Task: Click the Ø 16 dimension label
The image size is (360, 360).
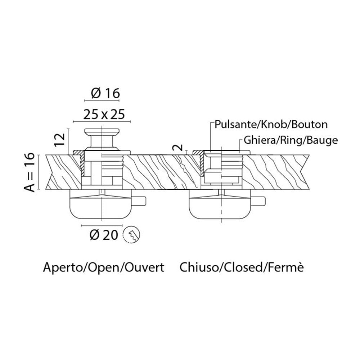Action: click(105, 93)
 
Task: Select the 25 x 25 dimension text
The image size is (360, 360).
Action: click(104, 114)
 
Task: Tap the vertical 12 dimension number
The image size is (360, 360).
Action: click(60, 140)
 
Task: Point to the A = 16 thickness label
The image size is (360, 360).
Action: click(30, 172)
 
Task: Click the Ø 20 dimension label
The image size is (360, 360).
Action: click(104, 235)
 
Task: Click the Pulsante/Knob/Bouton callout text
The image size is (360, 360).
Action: click(271, 125)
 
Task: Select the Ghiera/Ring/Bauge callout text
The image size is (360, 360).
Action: click(291, 140)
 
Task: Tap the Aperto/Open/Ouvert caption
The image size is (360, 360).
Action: click(104, 267)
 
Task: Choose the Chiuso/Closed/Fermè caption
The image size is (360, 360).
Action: click(242, 267)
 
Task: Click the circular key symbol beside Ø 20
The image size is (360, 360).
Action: click(131, 235)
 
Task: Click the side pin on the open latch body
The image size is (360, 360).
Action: click(139, 201)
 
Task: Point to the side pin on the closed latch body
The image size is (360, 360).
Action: click(258, 201)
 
